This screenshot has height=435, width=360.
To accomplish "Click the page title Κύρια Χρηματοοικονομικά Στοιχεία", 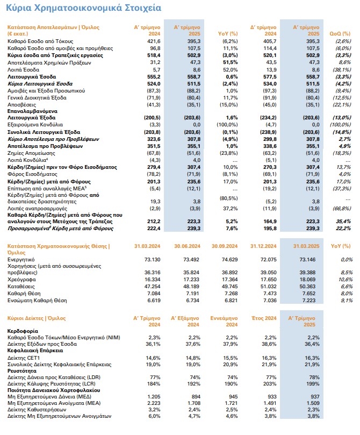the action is point(83,8).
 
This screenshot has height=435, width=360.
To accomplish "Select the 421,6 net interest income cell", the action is point(154,41).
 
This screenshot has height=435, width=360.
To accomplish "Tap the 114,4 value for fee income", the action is point(270,48).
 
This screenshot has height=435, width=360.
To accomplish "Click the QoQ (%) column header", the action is point(340,34).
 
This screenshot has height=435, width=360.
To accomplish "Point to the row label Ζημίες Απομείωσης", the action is point(31,153).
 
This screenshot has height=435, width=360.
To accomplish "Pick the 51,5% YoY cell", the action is point(231,62).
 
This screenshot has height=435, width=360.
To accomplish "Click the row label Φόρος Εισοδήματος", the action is point(32,174).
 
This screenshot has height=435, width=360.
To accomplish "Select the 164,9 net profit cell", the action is point(270,222).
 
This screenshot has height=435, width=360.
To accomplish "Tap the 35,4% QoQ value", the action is point(343,222).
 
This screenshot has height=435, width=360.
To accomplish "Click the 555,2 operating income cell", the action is point(154,77).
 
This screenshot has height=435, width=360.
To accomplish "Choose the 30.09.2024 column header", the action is point(225,246).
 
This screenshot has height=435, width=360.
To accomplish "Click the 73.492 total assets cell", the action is point(191,260).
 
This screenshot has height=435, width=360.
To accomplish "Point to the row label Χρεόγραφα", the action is point(21,280).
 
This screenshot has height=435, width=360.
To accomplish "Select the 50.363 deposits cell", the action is point(307,287).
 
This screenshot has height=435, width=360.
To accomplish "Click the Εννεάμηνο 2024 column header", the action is point(224,321).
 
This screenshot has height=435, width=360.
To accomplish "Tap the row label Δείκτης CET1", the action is point(21,358).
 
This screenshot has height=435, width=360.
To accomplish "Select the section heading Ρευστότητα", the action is point(22,371).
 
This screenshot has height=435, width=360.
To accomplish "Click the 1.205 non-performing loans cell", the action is point(154,397).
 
